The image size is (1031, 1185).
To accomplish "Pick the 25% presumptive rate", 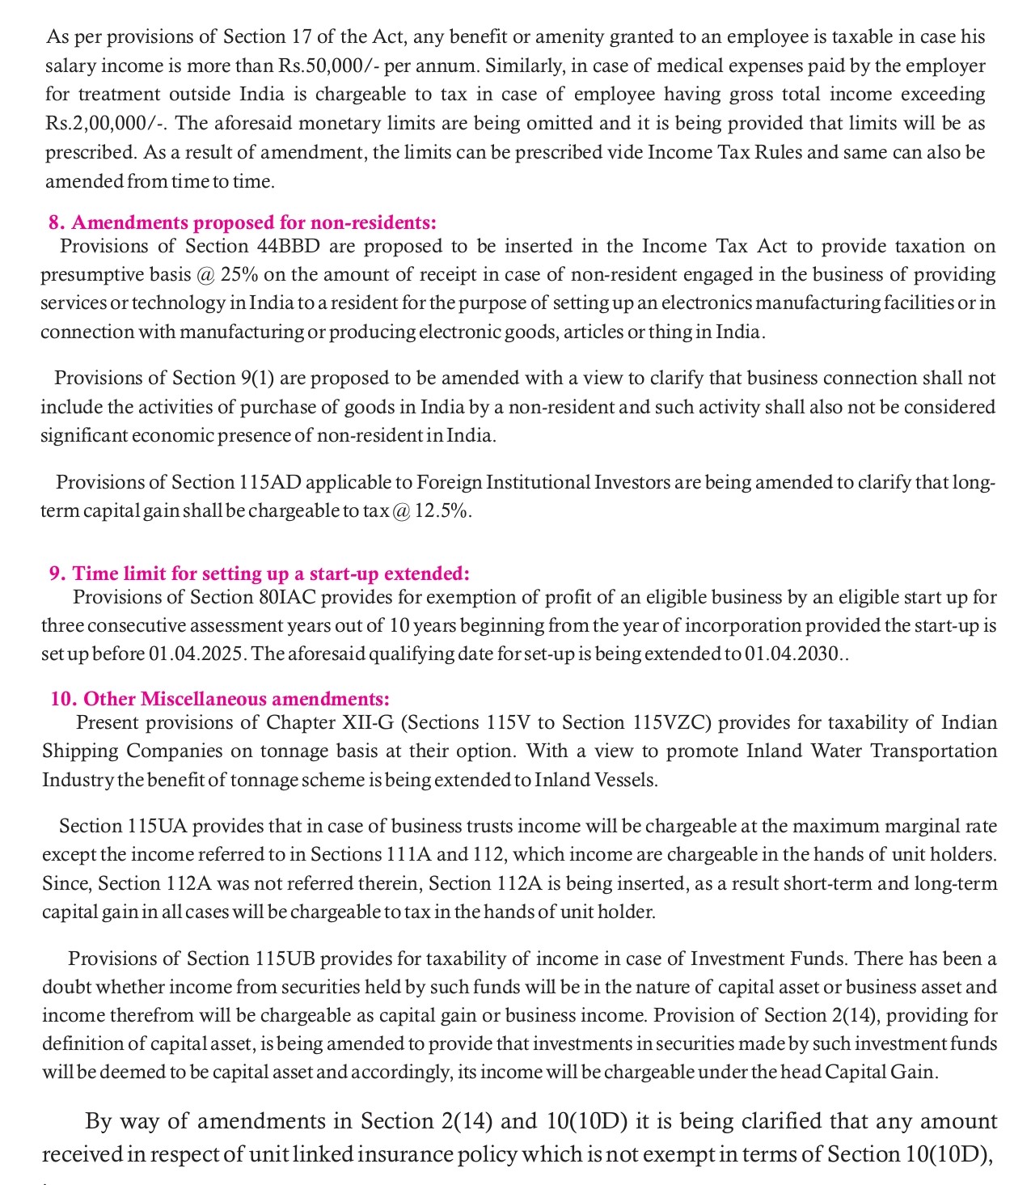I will click(239, 274).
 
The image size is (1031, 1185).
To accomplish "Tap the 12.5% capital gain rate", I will click(442, 511).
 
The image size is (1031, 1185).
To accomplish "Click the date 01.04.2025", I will click(196, 654).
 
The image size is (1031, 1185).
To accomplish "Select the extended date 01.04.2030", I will click(793, 654).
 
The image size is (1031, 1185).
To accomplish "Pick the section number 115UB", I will click(284, 959).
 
